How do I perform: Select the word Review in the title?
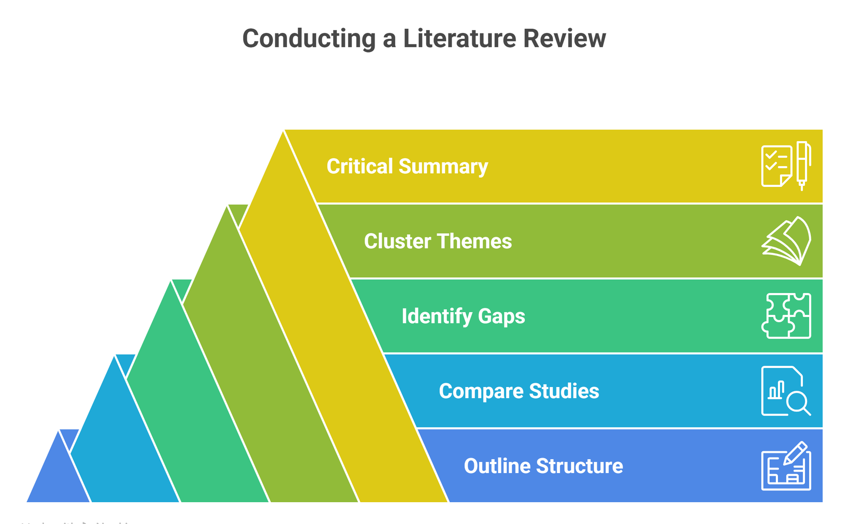(x=565, y=39)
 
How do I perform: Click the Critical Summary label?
(x=407, y=167)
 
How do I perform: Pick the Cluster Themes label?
(x=438, y=242)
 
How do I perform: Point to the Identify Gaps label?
(x=463, y=316)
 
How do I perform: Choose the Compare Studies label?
(x=519, y=391)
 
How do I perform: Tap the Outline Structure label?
(x=543, y=466)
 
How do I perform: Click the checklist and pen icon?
(x=786, y=166)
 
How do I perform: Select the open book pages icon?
(x=786, y=241)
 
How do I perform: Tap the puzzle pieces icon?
(x=786, y=316)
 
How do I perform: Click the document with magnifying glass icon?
(x=786, y=391)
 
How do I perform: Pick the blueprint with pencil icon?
(x=786, y=466)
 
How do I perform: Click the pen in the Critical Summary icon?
(x=803, y=165)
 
